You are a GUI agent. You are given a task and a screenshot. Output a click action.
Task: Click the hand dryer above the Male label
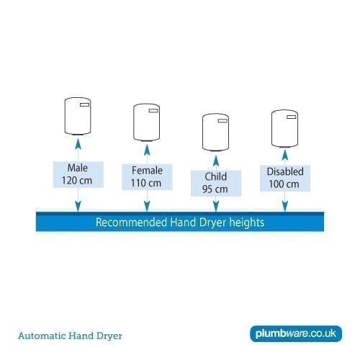tap(78, 116)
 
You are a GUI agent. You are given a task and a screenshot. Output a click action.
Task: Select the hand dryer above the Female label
tap(147, 122)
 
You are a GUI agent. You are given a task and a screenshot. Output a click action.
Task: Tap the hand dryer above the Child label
tap(215, 132)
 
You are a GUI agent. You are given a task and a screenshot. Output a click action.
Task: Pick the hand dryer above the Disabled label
tap(284, 129)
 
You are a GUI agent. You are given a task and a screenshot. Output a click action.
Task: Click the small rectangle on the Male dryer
tap(84, 104)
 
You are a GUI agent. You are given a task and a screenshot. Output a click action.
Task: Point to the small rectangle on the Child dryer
tap(222, 121)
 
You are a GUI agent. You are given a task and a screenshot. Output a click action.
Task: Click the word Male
tap(78, 168)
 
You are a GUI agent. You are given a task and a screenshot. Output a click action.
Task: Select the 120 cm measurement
tap(77, 181)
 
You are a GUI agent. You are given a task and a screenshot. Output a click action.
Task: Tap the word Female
tap(147, 171)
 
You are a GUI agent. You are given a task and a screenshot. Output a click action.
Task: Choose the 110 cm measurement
tap(146, 183)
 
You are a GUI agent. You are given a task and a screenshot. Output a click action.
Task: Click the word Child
tap(216, 176)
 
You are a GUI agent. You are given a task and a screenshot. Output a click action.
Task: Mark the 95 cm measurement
tap(215, 189)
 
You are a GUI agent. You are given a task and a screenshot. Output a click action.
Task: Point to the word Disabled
tap(285, 171)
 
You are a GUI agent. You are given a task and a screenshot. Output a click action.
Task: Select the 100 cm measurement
tap(284, 184)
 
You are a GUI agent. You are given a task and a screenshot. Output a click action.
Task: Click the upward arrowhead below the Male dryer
tap(78, 144)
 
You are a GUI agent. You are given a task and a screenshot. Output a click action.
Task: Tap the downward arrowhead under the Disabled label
tap(285, 207)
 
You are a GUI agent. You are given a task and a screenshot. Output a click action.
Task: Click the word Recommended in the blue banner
tap(131, 222)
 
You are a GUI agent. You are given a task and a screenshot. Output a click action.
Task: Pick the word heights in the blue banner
tap(247, 222)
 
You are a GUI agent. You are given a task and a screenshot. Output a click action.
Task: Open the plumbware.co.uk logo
tap(296, 333)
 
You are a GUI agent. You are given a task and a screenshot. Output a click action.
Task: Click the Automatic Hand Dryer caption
tap(70, 336)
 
